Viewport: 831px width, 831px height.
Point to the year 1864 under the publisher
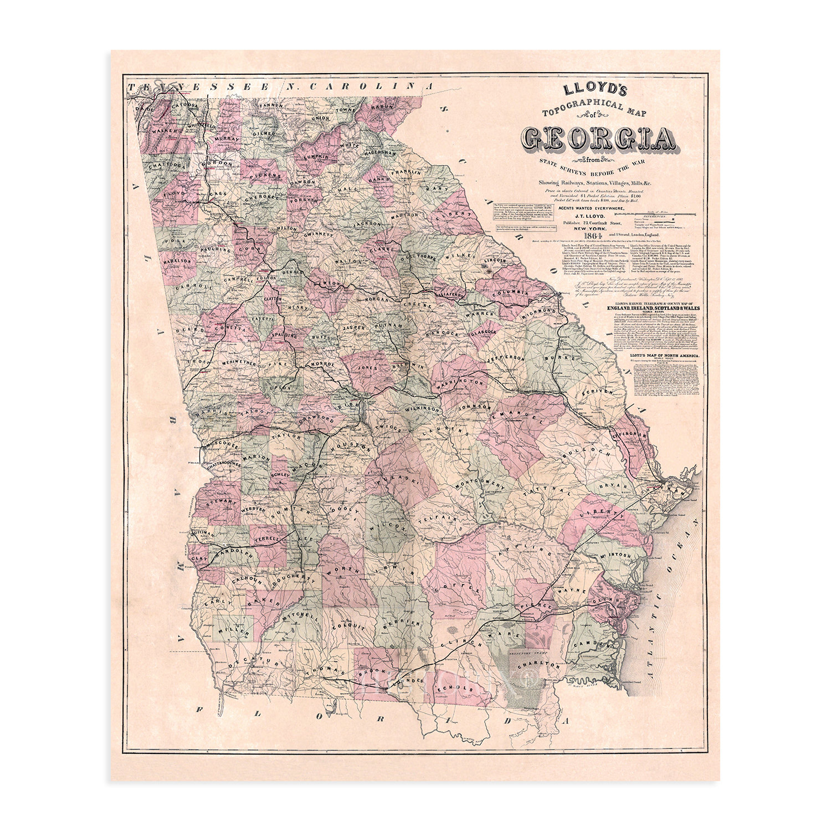[574, 237]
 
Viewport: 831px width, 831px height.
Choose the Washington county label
[461, 383]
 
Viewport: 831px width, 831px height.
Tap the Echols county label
[455, 688]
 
